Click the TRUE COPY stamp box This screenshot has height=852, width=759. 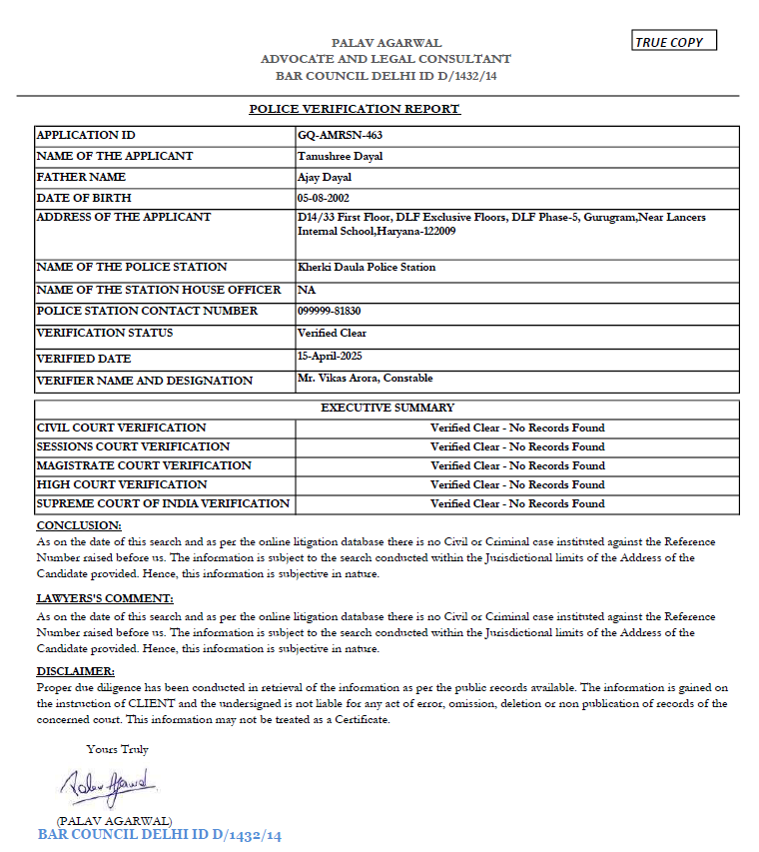click(x=675, y=42)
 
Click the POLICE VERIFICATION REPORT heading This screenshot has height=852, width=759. click(x=355, y=109)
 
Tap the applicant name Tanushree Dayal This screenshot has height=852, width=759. click(x=340, y=156)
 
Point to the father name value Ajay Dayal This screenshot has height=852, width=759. click(x=325, y=177)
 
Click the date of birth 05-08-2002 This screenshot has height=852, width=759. click(x=324, y=198)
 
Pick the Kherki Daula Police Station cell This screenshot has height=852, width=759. click(x=367, y=267)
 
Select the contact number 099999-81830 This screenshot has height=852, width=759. click(x=330, y=311)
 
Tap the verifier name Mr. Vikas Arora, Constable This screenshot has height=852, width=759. click(x=365, y=379)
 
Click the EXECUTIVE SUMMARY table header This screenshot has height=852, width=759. click(x=387, y=408)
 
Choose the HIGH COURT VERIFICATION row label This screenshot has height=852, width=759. click(x=122, y=484)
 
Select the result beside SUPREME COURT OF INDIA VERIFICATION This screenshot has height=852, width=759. click(x=517, y=503)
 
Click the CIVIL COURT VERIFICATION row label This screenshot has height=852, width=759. click(x=122, y=427)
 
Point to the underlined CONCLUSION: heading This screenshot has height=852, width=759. click(x=79, y=525)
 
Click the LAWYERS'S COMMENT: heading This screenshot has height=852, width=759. click(x=105, y=598)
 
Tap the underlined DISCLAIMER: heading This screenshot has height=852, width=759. click(x=76, y=671)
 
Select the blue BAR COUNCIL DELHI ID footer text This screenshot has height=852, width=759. click(x=160, y=835)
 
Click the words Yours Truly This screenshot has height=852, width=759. click(x=117, y=749)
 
